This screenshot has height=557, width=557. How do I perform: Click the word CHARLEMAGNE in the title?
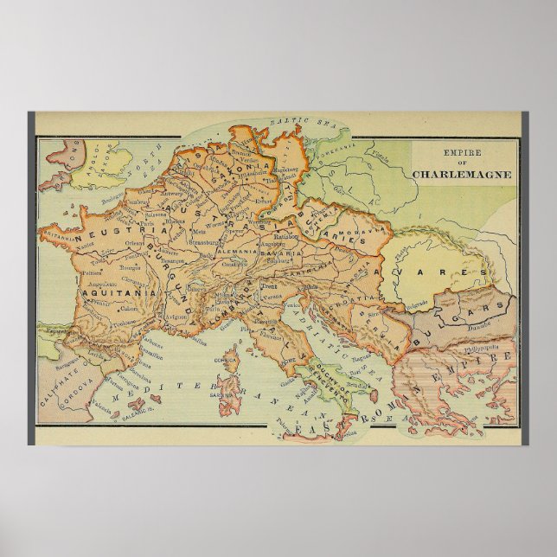pyautogui.click(x=462, y=173)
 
